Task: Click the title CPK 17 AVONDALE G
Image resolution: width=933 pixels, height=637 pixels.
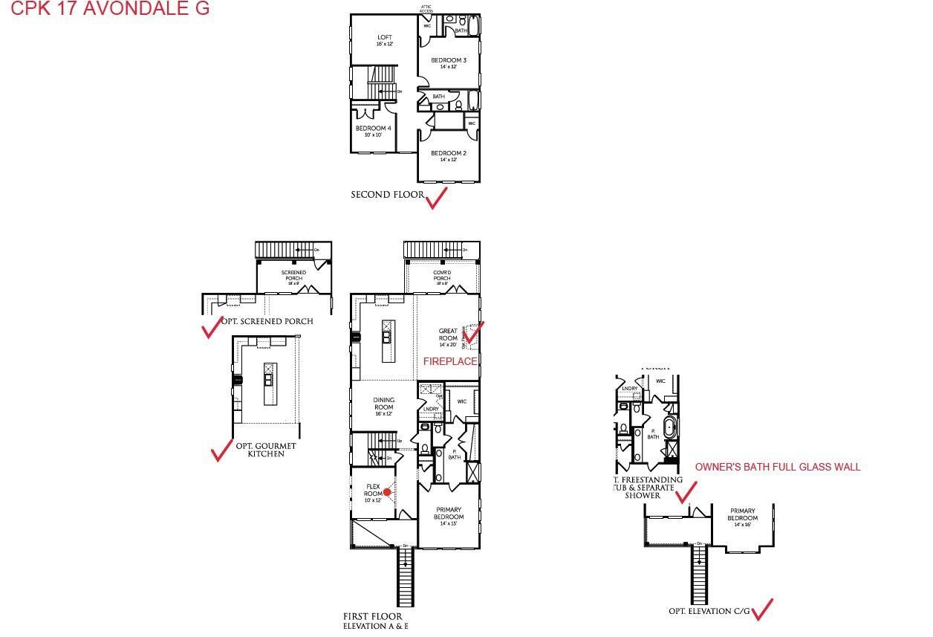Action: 110,9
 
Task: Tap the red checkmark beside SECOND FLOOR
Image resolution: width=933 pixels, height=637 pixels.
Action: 436,198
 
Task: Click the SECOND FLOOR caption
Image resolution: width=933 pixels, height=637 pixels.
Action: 387,195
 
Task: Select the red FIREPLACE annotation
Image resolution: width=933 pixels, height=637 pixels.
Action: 450,361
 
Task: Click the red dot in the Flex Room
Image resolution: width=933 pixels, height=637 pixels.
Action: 387,492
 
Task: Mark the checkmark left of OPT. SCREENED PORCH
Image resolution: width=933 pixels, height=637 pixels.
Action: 212,327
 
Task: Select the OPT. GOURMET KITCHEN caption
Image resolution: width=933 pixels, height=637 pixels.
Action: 266,450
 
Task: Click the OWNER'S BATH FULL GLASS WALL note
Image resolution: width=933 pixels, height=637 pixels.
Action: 778,467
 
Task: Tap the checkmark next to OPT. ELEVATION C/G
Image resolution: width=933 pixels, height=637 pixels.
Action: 762,609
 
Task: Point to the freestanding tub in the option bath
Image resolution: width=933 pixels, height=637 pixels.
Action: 671,428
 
